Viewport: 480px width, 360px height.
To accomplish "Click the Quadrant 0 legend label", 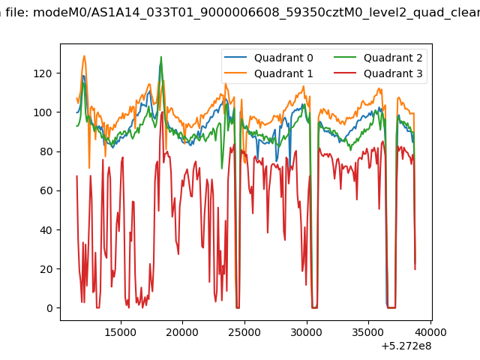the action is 283,58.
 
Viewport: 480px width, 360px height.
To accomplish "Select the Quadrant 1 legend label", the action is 283,73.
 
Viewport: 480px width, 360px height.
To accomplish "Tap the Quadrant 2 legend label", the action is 393,58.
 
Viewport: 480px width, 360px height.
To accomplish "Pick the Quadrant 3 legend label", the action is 393,73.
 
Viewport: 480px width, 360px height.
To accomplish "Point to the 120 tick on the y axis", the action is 43,73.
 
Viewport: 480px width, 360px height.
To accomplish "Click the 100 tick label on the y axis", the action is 43,112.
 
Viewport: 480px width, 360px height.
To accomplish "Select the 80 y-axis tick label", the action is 46,151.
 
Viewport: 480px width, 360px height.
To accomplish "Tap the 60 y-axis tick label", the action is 46,190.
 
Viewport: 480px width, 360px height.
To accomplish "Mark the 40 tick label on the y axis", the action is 46,230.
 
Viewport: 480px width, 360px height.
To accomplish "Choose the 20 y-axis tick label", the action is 46,269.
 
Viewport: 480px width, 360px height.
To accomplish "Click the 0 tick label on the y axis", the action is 49,308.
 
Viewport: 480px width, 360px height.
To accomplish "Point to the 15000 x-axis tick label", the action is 121,332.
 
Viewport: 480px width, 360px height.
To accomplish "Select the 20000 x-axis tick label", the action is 182,332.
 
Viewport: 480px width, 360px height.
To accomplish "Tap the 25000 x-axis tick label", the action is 244,332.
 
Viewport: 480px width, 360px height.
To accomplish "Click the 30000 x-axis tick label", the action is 306,332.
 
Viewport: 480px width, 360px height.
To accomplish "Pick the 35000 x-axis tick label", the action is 368,332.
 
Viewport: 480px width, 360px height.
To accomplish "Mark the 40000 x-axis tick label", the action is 430,332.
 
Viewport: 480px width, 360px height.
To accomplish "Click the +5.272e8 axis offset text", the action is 406,346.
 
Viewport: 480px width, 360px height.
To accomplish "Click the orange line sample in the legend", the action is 235,73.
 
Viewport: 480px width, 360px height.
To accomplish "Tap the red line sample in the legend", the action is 345,73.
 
